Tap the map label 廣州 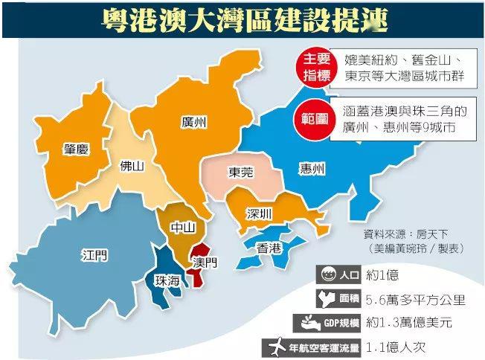193,123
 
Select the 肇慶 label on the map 76,150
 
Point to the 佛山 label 132,166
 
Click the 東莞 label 240,172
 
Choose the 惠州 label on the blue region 311,169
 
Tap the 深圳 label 260,214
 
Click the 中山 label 182,228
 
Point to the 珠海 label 167,280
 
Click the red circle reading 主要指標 310,65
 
